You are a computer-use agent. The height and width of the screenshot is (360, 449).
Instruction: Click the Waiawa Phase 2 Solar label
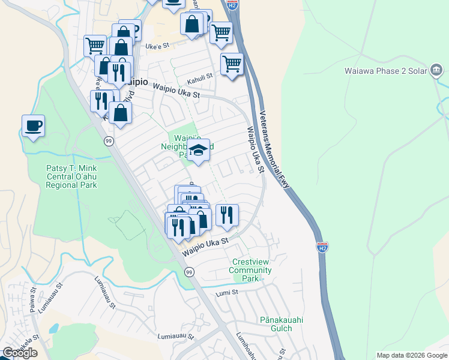coord(386,70)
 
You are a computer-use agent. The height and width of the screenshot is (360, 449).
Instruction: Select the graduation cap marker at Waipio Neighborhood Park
coord(198,151)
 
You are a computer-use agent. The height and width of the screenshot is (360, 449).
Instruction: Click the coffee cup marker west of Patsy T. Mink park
coord(33,126)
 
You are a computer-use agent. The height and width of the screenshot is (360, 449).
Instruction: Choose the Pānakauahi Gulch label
coord(276,324)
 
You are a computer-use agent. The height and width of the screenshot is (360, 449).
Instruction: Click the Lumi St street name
coord(227,292)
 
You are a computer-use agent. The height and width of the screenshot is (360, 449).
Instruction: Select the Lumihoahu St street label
coord(247,345)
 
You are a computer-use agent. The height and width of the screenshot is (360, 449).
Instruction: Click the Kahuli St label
coord(200,77)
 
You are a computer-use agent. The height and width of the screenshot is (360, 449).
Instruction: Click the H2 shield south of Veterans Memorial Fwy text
coord(322,247)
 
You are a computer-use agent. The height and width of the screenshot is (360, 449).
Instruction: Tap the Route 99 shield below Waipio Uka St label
coord(190,272)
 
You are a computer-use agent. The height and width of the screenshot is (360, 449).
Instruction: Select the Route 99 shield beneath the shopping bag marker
coord(108,141)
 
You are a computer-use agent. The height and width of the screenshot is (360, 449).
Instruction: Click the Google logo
coord(20,352)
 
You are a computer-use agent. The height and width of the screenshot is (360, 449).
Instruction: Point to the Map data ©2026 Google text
coord(411,355)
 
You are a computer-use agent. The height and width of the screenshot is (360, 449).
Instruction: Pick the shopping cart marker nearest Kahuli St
coord(232,63)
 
